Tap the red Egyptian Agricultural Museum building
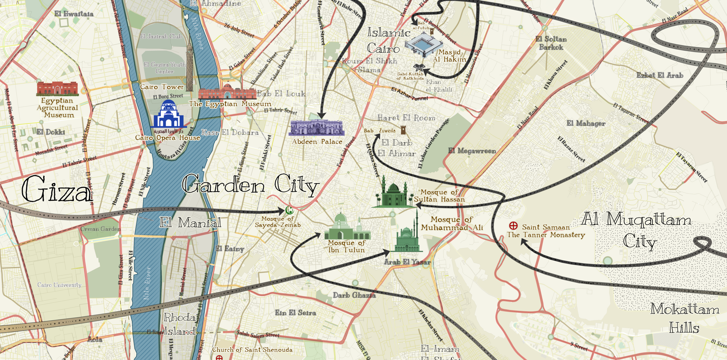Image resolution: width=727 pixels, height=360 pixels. [x=57, y=88]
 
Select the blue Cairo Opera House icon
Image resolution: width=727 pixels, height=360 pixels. [x=168, y=116]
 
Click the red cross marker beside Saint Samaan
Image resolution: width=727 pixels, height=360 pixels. [x=513, y=226]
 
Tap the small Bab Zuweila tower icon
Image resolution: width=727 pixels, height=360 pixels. [x=403, y=130]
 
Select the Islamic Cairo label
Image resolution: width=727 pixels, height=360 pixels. [x=383, y=41]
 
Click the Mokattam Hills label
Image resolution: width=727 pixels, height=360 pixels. [x=685, y=318]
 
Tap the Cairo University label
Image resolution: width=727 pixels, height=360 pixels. [x=59, y=285]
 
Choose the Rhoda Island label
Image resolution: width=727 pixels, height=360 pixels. [x=180, y=324]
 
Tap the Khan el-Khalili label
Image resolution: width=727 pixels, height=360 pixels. [x=439, y=86]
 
